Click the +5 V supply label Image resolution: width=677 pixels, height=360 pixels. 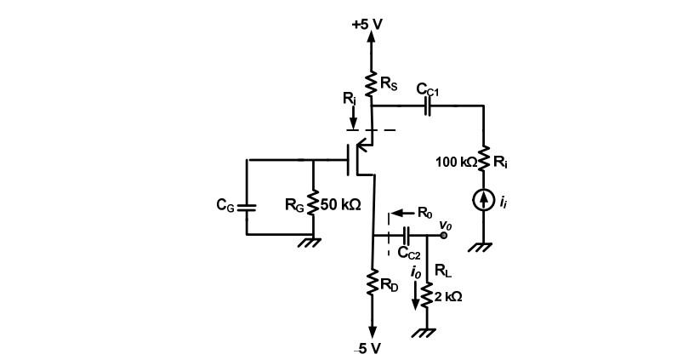click(x=367, y=24)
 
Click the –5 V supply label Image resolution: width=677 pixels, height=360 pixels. click(x=367, y=349)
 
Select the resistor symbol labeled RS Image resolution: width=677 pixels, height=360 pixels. click(x=372, y=84)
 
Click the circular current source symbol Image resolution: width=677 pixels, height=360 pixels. click(x=483, y=200)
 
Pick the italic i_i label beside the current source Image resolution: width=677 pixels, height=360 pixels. click(x=503, y=202)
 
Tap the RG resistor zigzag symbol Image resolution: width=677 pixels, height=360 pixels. click(x=314, y=204)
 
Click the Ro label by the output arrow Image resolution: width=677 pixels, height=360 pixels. click(x=425, y=212)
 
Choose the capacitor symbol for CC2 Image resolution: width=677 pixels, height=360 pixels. click(x=407, y=235)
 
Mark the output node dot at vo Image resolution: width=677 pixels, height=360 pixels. click(x=443, y=235)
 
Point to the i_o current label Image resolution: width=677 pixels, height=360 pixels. click(x=415, y=272)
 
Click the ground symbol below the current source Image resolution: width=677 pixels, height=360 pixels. click(x=483, y=247)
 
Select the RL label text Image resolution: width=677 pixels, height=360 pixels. click(x=442, y=271)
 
